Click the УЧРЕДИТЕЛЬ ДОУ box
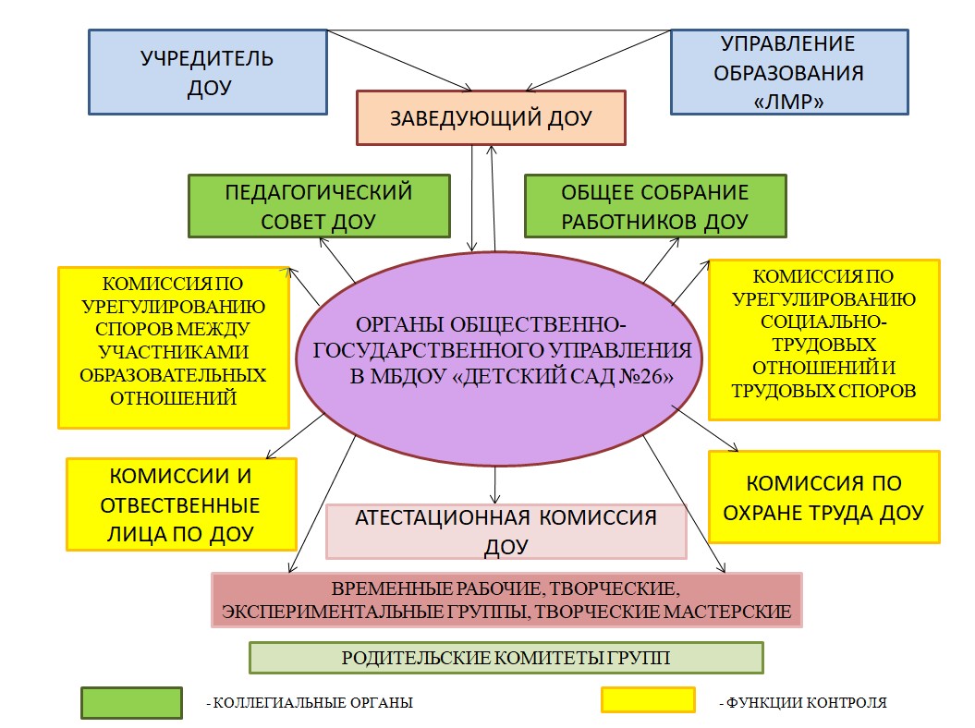point(207,72)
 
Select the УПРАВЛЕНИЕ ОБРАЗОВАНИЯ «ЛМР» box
point(787,72)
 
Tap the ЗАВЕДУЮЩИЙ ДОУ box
point(491,117)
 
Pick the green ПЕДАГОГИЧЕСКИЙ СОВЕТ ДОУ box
point(319,206)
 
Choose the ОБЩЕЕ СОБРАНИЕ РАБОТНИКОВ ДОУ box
point(655,206)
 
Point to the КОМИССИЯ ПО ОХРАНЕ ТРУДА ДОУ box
point(823,497)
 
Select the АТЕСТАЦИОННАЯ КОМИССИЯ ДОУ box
point(506,531)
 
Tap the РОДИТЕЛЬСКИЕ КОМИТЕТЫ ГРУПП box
point(506,658)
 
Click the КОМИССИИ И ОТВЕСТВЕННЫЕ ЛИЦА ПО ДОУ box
point(181,504)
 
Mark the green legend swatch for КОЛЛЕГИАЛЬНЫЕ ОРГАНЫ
point(130,702)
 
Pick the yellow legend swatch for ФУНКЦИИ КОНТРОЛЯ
point(647,700)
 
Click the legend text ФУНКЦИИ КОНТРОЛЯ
point(802,703)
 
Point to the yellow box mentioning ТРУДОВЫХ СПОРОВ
point(824,340)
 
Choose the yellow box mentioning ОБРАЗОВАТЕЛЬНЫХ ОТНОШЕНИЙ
point(173,347)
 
